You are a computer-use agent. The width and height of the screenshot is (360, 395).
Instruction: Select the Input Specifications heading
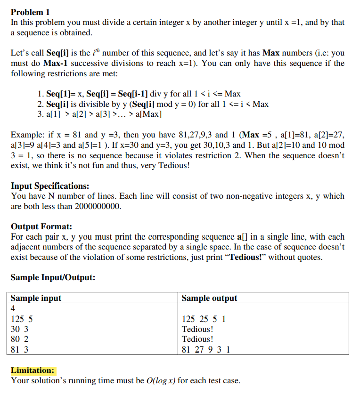tap(50, 185)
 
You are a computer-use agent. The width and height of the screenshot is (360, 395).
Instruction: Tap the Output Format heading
tap(41, 226)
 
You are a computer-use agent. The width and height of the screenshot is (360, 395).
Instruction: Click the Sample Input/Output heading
tap(53, 277)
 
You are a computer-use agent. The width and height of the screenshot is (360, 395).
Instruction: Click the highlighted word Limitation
tap(33, 370)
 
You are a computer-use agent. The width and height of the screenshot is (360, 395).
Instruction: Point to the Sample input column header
tap(36, 298)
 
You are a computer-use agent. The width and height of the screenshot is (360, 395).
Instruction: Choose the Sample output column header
tap(209, 298)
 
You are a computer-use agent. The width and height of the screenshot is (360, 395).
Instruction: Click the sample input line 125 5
tap(21, 319)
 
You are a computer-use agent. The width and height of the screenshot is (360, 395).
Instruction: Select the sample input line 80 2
tap(19, 339)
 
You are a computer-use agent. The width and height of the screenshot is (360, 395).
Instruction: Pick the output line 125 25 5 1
tap(204, 319)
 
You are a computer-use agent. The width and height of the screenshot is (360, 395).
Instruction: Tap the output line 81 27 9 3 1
tap(206, 349)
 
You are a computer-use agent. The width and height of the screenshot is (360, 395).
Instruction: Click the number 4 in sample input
tap(13, 308)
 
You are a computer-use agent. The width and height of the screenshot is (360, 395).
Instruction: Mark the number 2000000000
tap(98, 206)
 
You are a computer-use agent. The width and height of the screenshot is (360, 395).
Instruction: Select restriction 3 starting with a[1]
tap(99, 114)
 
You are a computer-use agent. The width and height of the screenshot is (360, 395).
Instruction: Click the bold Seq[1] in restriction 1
tap(60, 94)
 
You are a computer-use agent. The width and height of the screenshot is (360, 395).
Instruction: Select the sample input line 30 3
tap(19, 329)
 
